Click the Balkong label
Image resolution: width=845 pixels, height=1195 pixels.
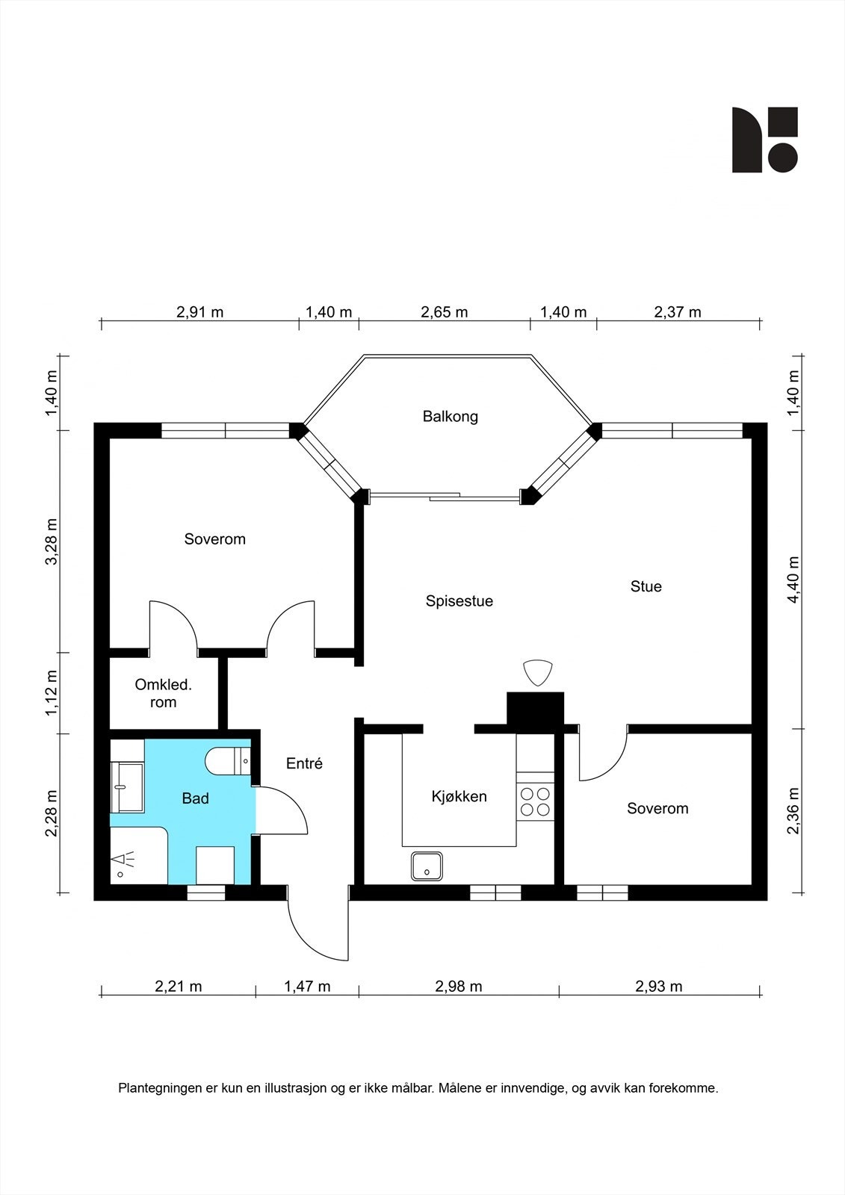point(450,416)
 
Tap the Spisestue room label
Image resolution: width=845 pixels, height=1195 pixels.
point(459,601)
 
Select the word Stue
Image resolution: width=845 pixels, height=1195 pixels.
point(646,586)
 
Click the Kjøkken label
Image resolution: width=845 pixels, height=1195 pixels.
point(459,796)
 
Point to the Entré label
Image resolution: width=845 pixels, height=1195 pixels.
point(304,763)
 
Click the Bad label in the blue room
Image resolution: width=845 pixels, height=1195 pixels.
point(195,798)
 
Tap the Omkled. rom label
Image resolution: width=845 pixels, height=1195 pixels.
point(163,694)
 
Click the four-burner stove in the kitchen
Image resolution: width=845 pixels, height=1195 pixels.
point(535,802)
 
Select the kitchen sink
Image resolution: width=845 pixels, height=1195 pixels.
point(427,866)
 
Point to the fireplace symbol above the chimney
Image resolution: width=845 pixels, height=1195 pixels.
point(537,673)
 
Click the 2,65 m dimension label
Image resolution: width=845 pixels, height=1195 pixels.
point(444,312)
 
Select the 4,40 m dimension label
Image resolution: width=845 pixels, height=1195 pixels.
point(793,580)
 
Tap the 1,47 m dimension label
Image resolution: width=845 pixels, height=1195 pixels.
point(307,987)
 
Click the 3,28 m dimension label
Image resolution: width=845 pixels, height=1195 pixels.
point(52,541)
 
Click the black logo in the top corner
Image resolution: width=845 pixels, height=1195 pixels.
point(764,140)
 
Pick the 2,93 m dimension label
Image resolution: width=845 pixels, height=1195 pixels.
point(659,987)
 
